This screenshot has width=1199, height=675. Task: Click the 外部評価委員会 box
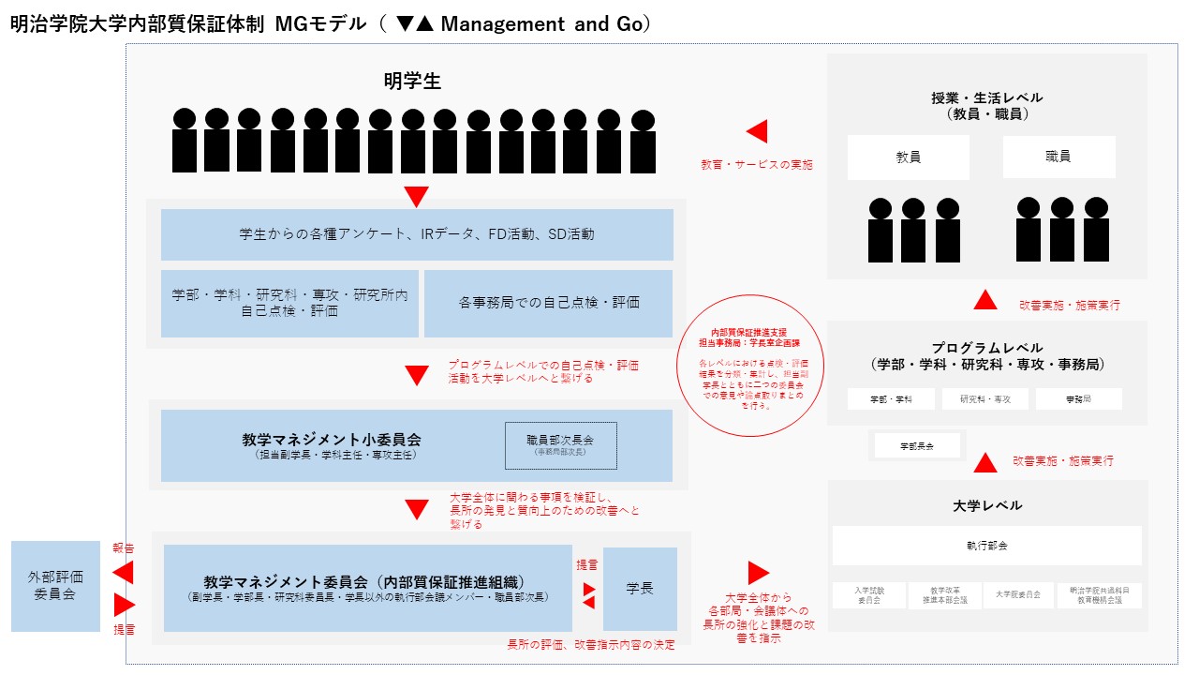click(55, 586)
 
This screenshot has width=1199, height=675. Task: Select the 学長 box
click(640, 589)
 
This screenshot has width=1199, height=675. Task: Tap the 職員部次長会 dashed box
click(561, 445)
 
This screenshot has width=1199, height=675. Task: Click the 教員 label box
click(908, 157)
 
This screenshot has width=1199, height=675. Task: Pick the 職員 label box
click(1058, 157)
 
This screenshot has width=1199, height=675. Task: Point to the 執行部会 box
click(987, 545)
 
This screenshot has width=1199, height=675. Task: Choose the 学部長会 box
click(917, 445)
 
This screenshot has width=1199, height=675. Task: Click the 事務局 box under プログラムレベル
click(1078, 399)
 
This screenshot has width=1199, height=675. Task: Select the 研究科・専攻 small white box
click(984, 399)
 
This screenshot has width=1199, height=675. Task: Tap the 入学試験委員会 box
click(869, 595)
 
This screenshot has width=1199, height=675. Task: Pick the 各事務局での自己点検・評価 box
click(549, 303)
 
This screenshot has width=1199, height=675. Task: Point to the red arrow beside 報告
click(122, 572)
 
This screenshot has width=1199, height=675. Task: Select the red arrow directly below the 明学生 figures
click(417, 197)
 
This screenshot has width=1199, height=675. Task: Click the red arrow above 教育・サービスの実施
click(756, 132)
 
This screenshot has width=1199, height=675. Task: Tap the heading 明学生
click(412, 82)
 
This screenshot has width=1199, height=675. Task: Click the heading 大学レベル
click(987, 505)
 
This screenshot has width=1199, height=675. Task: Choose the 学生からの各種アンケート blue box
click(417, 234)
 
